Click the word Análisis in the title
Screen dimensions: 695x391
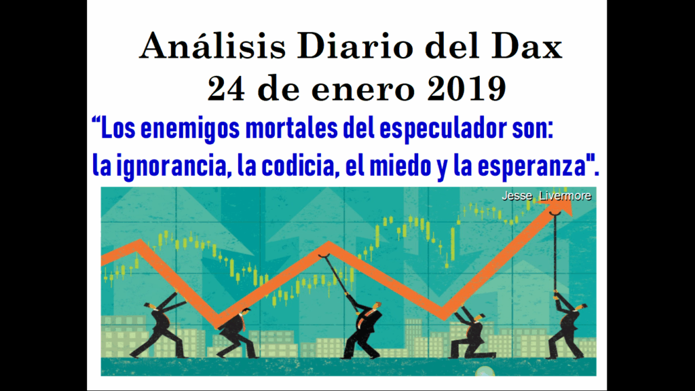point(212,45)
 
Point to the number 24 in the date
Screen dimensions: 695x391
point(226,88)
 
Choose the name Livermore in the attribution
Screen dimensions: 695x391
point(565,196)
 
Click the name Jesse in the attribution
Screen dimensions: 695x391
point(516,196)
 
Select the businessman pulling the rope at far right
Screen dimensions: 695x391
point(567,326)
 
